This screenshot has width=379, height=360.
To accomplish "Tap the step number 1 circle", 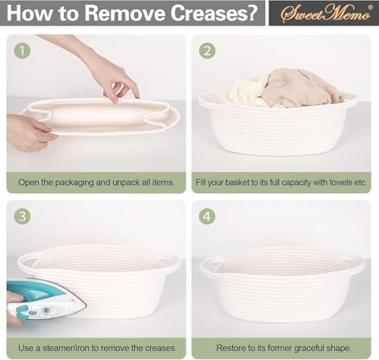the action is coord(22,51).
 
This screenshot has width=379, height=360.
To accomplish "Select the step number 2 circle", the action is coord(207,51).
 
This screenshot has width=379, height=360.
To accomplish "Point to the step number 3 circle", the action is coord(22,217).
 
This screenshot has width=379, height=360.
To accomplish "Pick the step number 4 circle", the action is coord(207,217).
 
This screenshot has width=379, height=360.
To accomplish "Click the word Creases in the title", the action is coord(214,13).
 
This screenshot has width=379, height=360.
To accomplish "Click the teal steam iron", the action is coord(46,299).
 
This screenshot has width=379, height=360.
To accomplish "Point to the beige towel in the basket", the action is coord(298,87).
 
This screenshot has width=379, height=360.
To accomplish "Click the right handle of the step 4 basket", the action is coord(355,266).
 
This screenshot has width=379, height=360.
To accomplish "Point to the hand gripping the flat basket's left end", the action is coord(29,133).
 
